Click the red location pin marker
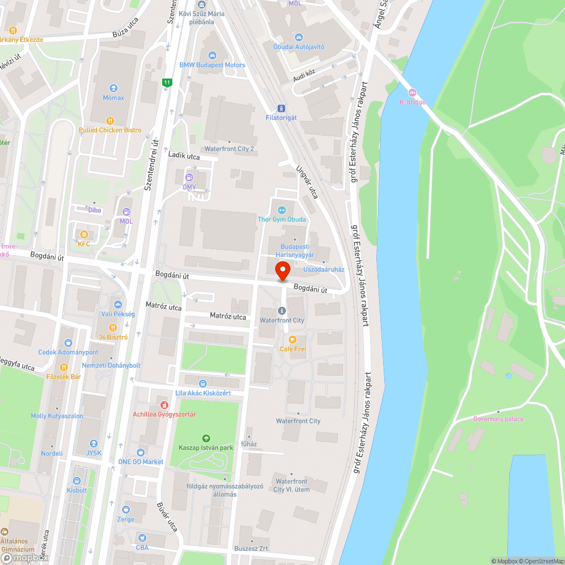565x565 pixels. pos(282,271)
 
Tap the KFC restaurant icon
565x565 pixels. pos(84,234)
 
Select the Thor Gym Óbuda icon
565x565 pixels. pos(282,210)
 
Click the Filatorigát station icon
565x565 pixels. pos(281,108)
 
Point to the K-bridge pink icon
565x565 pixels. pos(412,93)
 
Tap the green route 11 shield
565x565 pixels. pos(167,82)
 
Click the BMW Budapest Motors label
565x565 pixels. pos(212,65)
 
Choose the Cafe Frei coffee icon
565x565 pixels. pos(293,340)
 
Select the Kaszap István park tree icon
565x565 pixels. pos(206,438)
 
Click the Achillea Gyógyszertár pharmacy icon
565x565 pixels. pos(164,405)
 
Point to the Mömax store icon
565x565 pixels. pos(114,88)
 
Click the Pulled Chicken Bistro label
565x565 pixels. pos(110,130)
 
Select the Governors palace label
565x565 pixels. pos(498,419)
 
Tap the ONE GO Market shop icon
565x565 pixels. pos(141,452)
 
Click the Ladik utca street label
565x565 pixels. pos(184,155)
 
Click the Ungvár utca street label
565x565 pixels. pos(307,181)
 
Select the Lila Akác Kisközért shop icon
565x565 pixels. pos(203,383)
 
